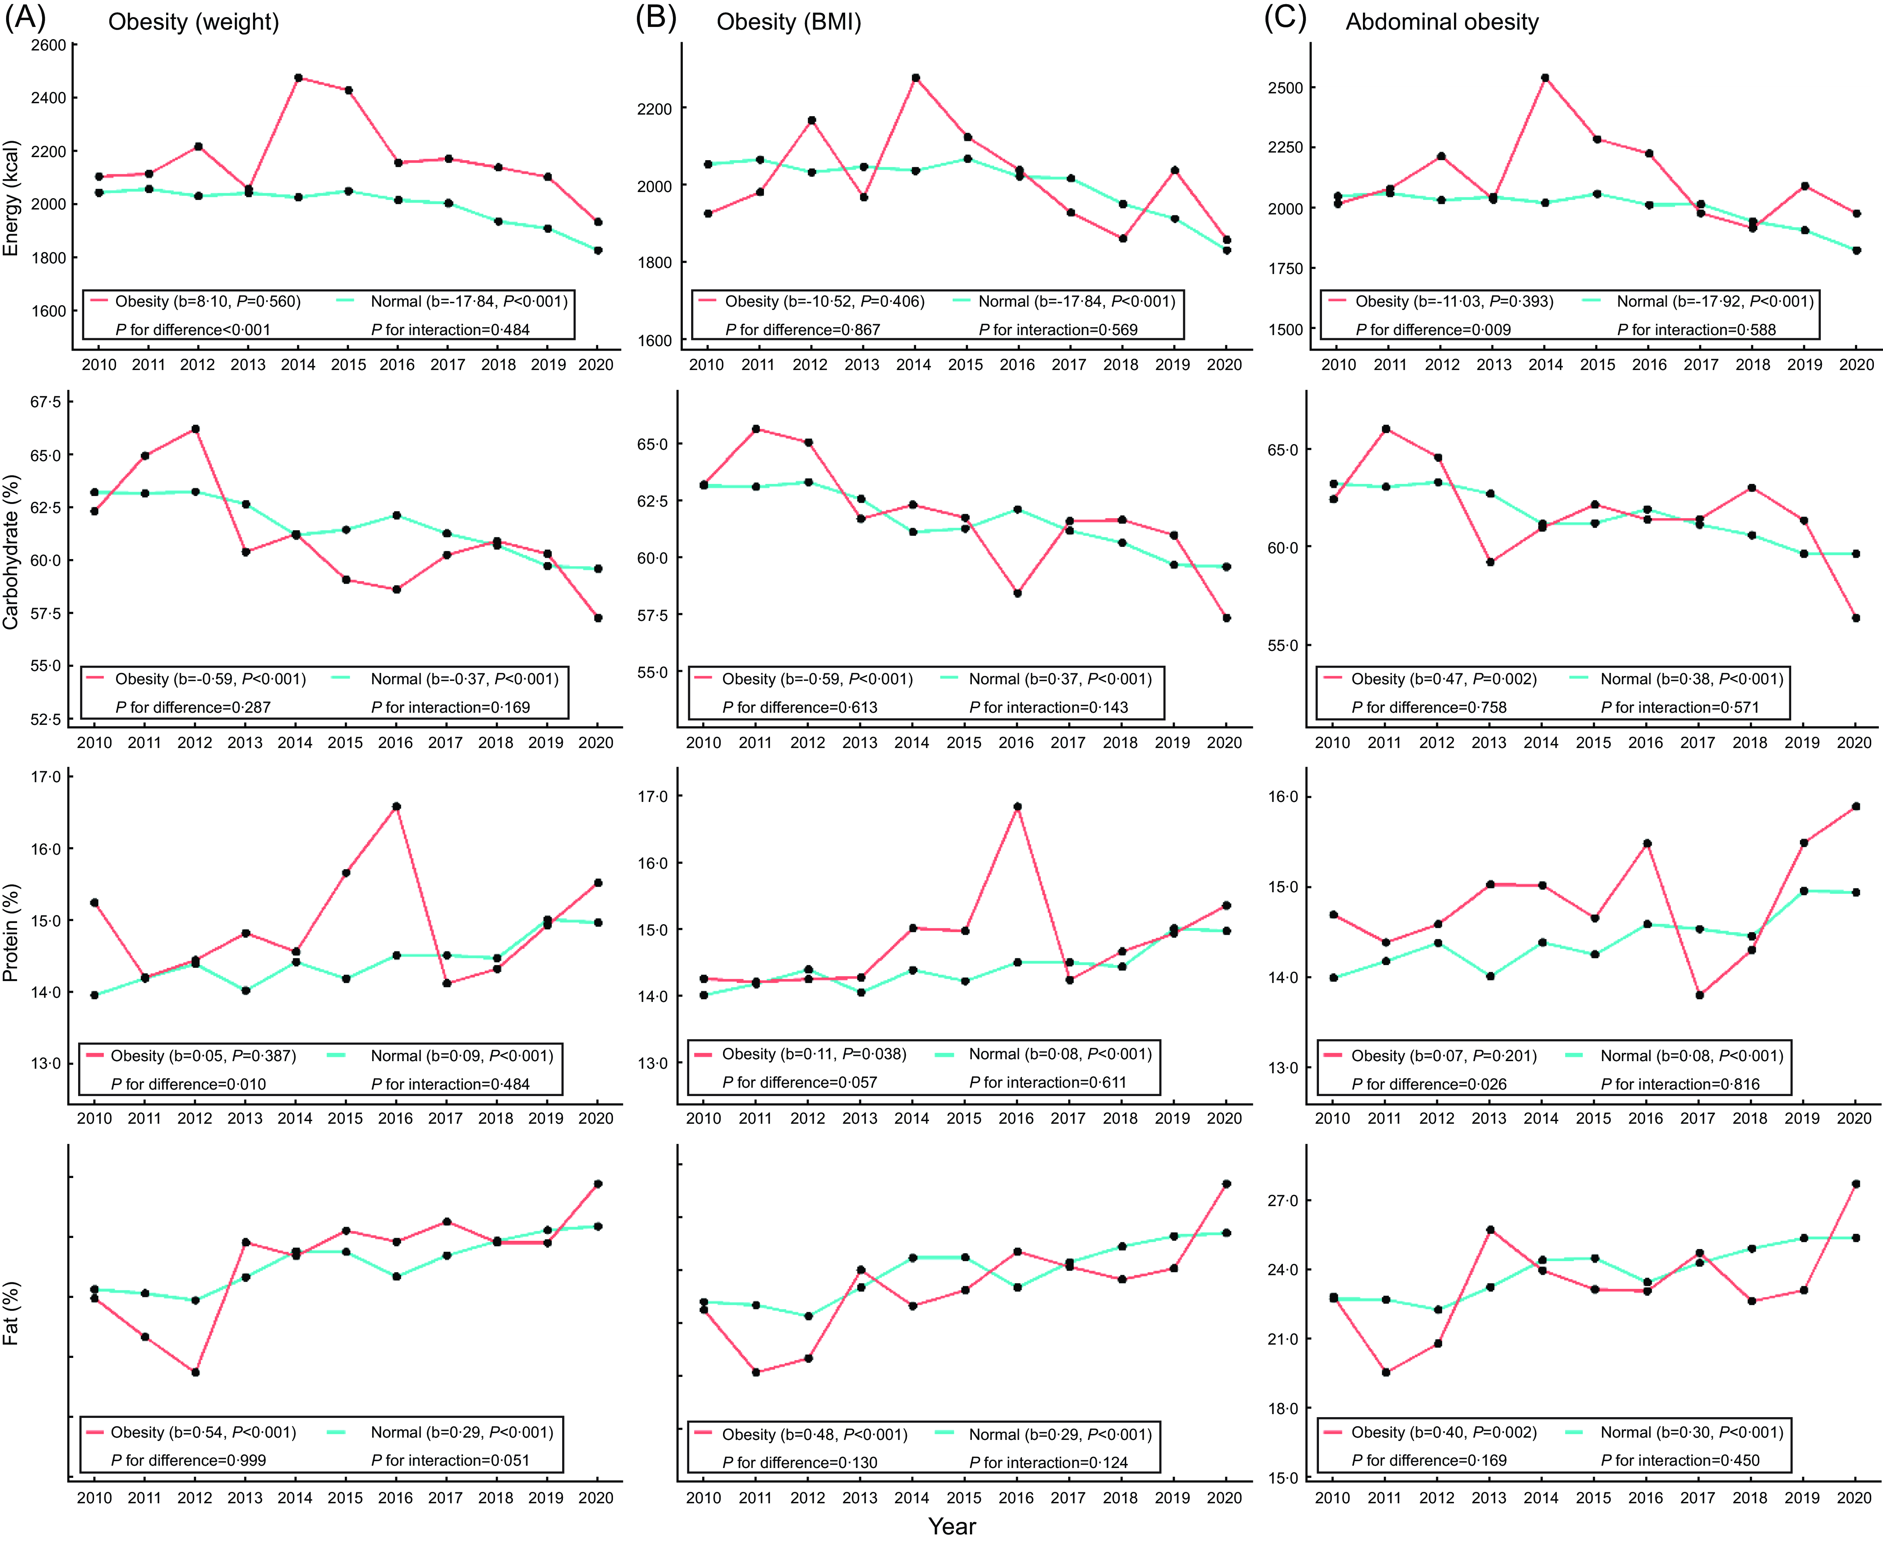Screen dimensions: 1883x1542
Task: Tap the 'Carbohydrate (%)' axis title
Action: pyautogui.click(x=11, y=551)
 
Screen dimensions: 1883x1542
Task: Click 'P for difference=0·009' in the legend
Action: pyautogui.click(x=1433, y=329)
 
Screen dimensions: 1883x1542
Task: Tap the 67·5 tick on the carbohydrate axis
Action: pyautogui.click(x=46, y=402)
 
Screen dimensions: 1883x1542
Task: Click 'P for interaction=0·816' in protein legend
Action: pyautogui.click(x=1680, y=1084)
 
